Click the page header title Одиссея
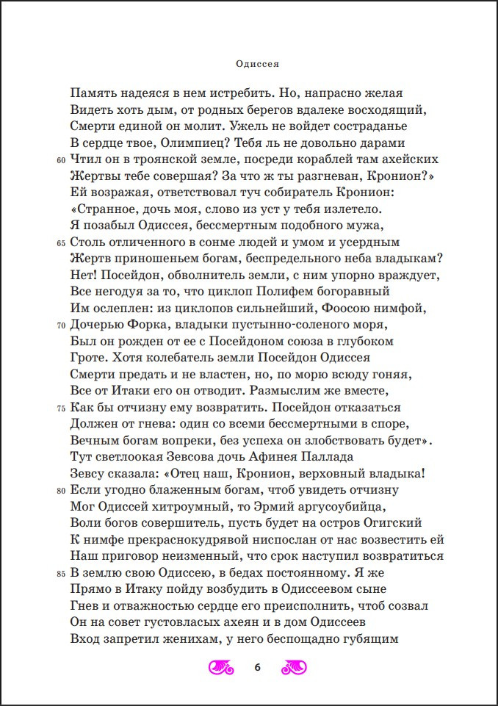pos(249,64)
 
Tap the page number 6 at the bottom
pos(257,667)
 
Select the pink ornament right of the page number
pos(295,667)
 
